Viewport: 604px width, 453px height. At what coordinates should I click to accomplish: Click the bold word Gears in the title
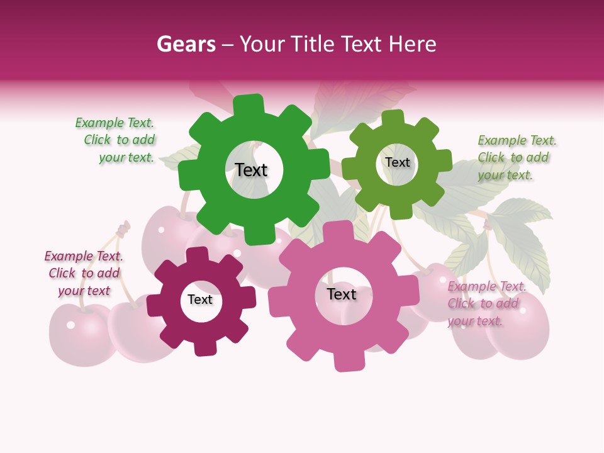pos(186,44)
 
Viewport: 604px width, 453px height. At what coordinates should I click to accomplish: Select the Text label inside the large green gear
pos(251,170)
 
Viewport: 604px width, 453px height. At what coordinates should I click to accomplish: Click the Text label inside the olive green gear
pos(397,162)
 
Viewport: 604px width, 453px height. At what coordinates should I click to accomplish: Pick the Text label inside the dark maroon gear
pos(200,299)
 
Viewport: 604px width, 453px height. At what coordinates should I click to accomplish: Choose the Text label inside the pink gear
pos(342,294)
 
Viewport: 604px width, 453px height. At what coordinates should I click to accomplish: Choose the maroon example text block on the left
pos(84,273)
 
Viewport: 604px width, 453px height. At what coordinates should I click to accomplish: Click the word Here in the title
pos(412,44)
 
